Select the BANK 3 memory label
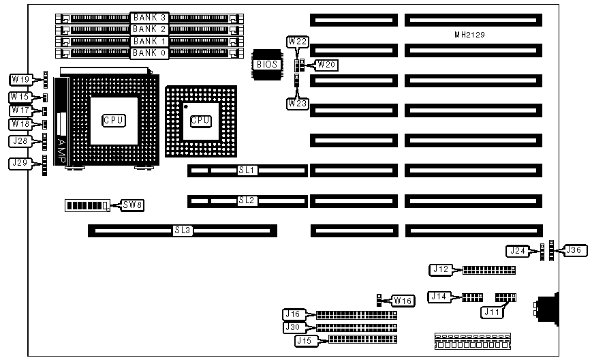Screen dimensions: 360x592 (149, 17)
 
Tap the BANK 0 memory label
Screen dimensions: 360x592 (149, 52)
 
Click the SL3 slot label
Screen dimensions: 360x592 (183, 231)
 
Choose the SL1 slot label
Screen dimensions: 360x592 (246, 170)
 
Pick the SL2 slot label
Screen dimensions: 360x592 (246, 200)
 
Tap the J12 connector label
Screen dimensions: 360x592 (441, 269)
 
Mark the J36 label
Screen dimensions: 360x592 (574, 250)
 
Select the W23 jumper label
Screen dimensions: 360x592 (297, 103)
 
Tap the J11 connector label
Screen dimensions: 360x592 (491, 312)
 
